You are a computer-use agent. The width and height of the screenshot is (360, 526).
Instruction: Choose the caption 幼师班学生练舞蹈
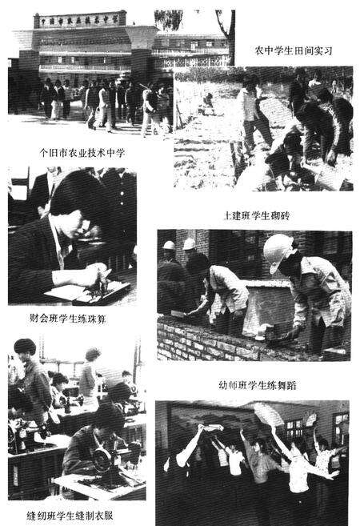tap(258, 383)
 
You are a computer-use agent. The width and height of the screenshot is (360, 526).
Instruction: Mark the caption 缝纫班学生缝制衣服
tap(70, 514)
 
